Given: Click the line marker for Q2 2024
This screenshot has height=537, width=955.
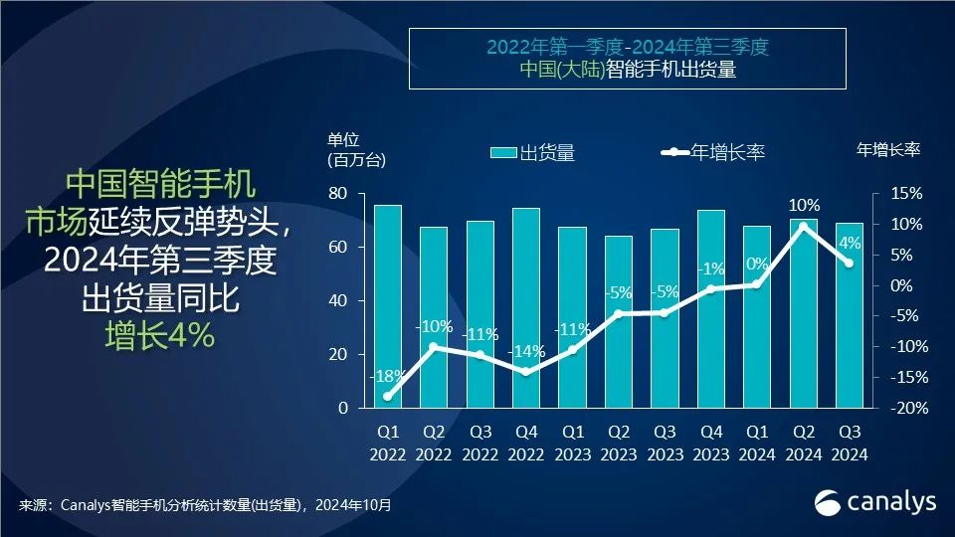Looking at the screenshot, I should (x=804, y=226).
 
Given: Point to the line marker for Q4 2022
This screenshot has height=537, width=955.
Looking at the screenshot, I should (x=525, y=372).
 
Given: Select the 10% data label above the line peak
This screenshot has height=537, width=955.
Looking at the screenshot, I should (x=804, y=206).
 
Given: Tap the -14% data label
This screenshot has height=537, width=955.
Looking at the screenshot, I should (x=525, y=352).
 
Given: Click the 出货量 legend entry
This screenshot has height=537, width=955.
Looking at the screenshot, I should (x=532, y=152).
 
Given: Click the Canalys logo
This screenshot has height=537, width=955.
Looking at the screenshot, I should (x=875, y=502).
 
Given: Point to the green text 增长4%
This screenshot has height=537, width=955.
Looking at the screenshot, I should (x=159, y=336).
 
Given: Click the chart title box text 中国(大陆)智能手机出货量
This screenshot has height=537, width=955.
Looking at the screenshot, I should (x=627, y=71).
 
